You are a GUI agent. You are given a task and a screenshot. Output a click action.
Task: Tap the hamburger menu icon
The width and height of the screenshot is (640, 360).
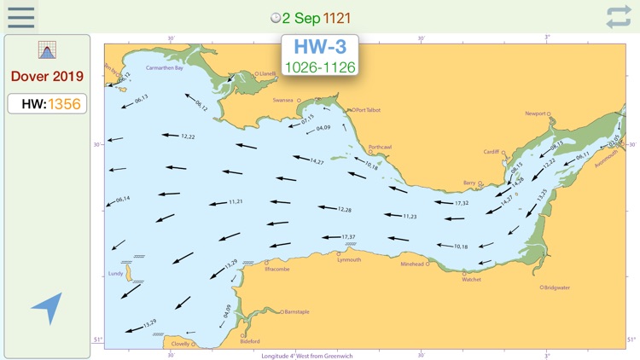coord(20,17)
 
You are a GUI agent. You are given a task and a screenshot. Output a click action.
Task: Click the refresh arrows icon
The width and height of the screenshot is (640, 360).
coord(619,17)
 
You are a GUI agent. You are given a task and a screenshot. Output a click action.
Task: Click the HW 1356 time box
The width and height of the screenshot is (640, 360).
coord(47,103)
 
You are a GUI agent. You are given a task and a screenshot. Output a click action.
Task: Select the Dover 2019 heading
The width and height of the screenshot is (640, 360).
coord(47,76)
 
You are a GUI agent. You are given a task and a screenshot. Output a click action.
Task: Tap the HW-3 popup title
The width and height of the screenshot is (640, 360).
coord(320,48)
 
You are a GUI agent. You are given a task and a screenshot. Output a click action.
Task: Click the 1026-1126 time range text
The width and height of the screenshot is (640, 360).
coord(320,67)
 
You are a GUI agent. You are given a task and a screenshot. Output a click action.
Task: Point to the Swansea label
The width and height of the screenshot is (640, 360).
coord(282,100)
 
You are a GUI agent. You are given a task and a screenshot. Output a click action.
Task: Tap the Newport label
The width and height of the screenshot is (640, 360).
coord(535,113)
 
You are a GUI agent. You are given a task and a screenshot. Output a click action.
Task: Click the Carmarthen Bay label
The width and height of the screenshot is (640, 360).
coord(165,67)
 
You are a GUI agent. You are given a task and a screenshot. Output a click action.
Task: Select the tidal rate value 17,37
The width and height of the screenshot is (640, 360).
coord(348,236)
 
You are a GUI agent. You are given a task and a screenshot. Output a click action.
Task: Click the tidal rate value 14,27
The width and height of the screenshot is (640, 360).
coord(317,161)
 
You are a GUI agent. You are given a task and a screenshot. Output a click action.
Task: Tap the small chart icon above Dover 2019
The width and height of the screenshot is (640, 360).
coord(47,49)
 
